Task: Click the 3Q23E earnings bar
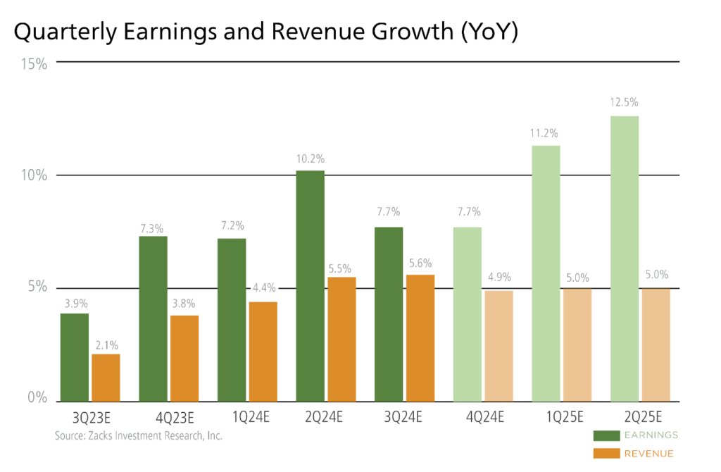click(x=75, y=356)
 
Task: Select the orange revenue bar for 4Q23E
click(x=184, y=358)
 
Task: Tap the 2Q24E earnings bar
click(x=311, y=285)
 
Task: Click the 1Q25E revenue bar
click(x=577, y=344)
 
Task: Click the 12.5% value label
click(x=625, y=103)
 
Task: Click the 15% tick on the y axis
click(x=34, y=64)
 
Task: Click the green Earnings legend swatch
click(x=606, y=435)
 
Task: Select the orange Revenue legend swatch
click(x=606, y=454)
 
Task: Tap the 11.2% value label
click(x=546, y=132)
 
